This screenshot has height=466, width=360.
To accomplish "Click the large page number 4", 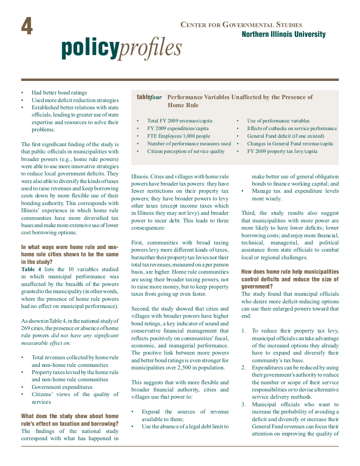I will tap(27, 27).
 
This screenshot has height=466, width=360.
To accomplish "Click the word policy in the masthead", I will tap(90, 47).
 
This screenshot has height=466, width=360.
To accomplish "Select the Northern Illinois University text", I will tap(284, 34).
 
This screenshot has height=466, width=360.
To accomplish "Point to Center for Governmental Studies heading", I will tap(241, 25).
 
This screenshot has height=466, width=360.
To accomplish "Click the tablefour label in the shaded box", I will tap(149, 97).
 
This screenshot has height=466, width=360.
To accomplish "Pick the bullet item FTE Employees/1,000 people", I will tap(178, 136).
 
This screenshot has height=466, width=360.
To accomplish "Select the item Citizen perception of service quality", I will tap(186, 151).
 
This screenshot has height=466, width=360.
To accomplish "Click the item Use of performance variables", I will tap(278, 121).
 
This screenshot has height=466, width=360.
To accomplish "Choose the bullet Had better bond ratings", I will tap(59, 93).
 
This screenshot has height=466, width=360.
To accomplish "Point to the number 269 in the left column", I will tap(26, 328).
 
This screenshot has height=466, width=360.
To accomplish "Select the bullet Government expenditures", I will tap(62, 387).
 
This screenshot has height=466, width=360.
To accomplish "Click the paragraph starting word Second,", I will tap(140, 309).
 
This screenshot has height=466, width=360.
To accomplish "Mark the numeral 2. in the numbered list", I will tap(244, 367).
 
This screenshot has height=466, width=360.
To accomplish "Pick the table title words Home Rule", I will tap(183, 105).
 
